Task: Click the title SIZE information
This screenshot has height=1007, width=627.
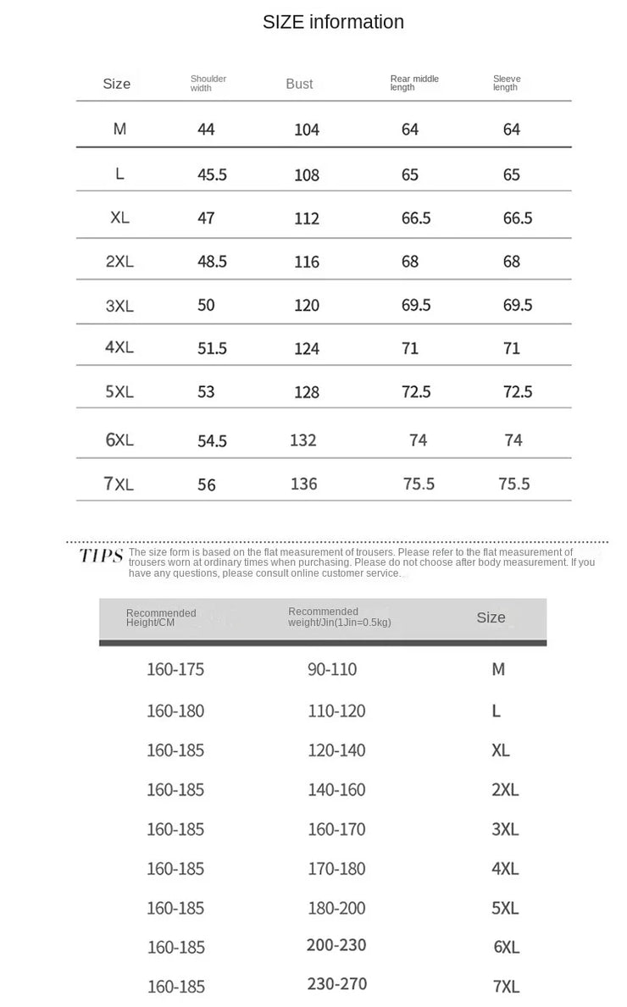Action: tap(333, 22)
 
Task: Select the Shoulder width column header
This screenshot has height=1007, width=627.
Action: tap(208, 83)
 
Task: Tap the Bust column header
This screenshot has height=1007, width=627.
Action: tap(299, 84)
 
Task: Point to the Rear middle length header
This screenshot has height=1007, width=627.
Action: tap(414, 83)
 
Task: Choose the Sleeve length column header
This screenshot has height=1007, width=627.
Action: tap(507, 83)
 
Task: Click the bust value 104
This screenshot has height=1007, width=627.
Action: tap(307, 130)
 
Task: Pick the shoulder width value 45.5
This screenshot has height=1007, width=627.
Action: tap(212, 174)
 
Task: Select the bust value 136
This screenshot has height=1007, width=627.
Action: tap(303, 484)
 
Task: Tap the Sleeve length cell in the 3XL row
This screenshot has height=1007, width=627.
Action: tap(518, 305)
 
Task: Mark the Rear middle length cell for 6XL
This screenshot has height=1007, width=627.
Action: tap(418, 440)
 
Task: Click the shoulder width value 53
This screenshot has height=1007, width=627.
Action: tap(206, 391)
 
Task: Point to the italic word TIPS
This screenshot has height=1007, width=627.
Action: tap(102, 556)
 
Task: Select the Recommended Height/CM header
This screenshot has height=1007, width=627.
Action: tap(161, 617)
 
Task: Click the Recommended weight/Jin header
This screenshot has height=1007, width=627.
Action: tap(339, 617)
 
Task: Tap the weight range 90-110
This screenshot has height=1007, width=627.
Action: tap(332, 669)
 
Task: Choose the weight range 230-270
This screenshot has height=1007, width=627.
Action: tap(337, 984)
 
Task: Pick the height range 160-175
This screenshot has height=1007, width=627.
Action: tap(175, 669)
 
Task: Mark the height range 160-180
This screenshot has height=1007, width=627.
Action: tap(175, 711)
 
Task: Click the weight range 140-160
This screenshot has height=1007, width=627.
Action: tap(336, 789)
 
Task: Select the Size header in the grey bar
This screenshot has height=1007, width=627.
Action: tap(491, 617)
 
